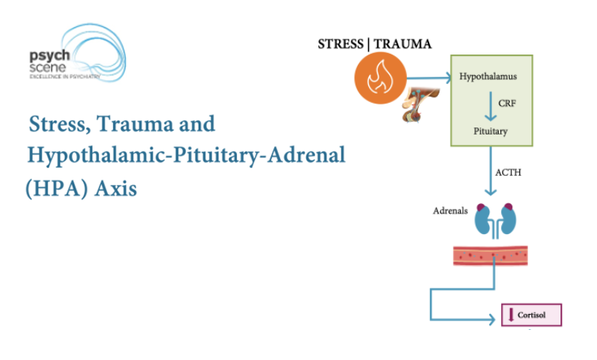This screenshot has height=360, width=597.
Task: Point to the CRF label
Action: (508, 104)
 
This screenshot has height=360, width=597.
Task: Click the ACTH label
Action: (508, 172)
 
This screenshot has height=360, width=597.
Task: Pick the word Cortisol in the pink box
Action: (541, 315)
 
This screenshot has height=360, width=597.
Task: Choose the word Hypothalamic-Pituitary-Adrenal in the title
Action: (187, 155)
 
